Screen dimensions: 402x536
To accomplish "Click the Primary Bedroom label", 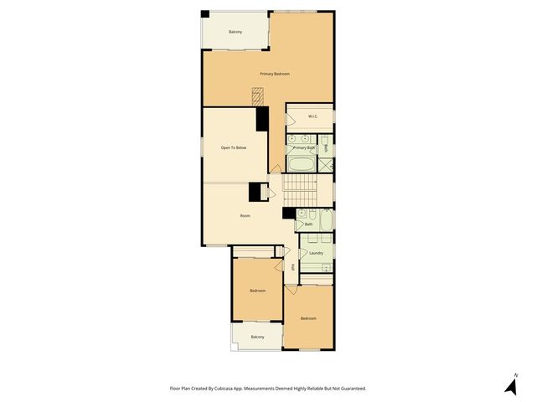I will (274, 75).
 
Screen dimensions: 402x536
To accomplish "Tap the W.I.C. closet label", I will (312, 116).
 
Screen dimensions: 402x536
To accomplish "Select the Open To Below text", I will (234, 147).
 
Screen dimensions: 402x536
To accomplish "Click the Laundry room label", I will (316, 253).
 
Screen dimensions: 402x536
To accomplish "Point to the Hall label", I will (292, 268).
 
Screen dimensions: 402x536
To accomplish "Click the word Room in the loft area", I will (245, 216).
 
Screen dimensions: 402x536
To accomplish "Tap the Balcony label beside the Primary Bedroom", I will (235, 32).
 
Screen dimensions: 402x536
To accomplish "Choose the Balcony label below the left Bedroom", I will (257, 337).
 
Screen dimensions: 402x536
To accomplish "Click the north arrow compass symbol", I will (510, 384).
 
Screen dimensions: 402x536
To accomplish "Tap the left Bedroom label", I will (257, 291).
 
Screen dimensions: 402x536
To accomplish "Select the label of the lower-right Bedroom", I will (308, 318).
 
